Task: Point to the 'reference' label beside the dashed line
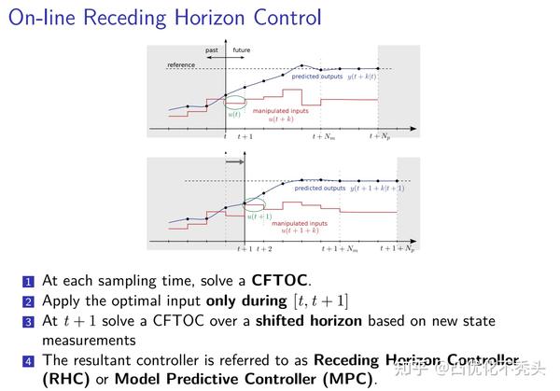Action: [x=181, y=65]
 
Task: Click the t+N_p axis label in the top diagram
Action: [x=379, y=136]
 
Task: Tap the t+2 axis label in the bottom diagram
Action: [x=264, y=249]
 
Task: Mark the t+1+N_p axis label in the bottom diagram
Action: [x=398, y=249]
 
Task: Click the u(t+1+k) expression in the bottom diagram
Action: [x=304, y=230]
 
